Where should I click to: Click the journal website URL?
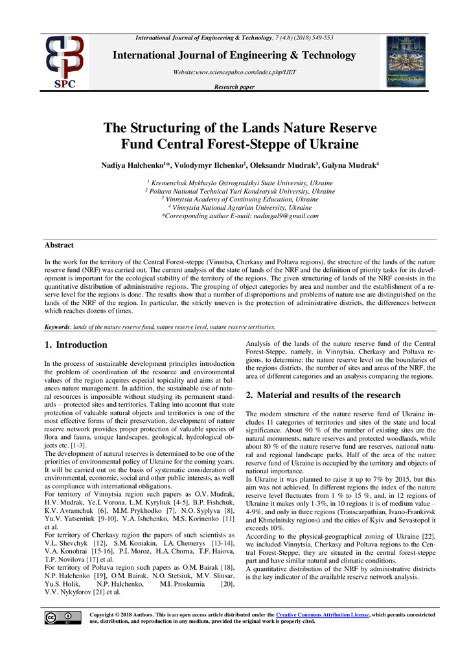pos(234,72)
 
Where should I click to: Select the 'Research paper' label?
pos(234,87)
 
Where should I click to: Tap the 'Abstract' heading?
pos(59,245)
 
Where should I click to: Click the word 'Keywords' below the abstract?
pos(60,327)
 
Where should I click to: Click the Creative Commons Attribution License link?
pos(322,614)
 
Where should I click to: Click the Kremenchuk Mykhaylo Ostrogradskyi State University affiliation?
pos(234,183)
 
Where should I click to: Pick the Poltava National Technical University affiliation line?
pos(234,192)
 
